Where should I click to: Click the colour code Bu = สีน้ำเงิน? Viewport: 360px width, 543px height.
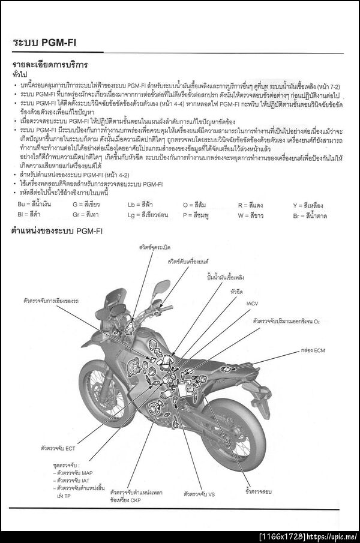coord(34,205)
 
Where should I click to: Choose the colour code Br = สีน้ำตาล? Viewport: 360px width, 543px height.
coord(310,214)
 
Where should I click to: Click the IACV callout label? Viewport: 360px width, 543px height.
coord(252,304)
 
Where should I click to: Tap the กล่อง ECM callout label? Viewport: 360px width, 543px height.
coord(314,350)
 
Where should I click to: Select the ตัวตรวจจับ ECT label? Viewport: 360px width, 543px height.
coord(58,448)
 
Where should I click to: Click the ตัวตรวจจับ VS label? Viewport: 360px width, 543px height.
coord(200,493)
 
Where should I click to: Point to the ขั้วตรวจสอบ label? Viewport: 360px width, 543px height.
coord(259,491)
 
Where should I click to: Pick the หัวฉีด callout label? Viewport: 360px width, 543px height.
coord(236,292)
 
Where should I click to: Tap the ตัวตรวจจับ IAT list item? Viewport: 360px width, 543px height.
coord(74,481)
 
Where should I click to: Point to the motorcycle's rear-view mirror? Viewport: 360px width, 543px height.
coord(160,288)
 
